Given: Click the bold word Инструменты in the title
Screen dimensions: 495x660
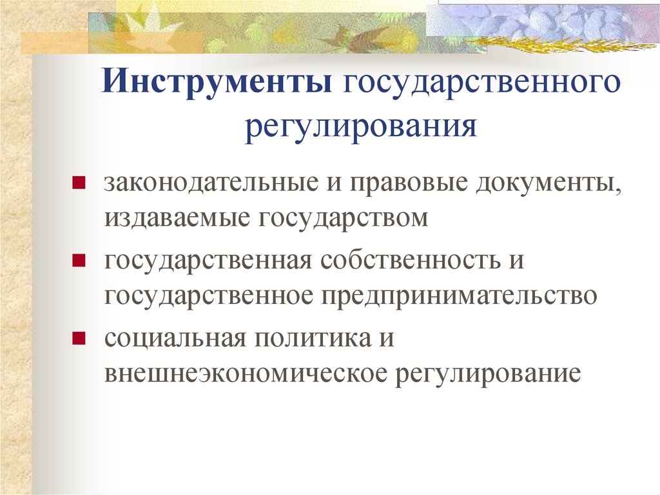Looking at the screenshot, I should coord(218,86).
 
